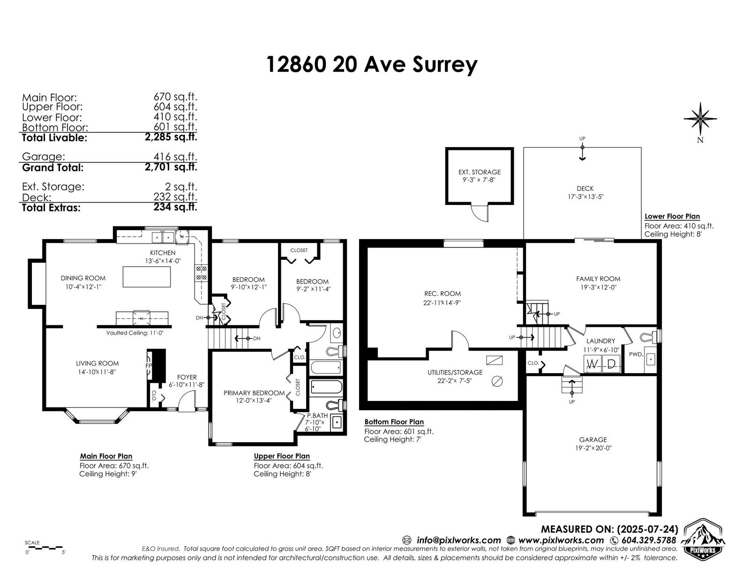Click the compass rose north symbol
tap(700, 119)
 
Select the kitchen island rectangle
tap(147, 277)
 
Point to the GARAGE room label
tap(593, 439)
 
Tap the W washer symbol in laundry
tap(592, 364)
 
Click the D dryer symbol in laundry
tap(611, 364)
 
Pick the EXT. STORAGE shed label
tap(480, 172)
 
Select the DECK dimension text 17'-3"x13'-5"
tap(585, 197)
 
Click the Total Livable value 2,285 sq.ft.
tap(171, 137)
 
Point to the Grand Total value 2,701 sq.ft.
tap(171, 167)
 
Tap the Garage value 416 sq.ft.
tap(175, 157)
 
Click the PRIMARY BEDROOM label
tap(254, 393)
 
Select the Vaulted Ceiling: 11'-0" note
tap(135, 333)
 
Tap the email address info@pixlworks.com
tap(459, 540)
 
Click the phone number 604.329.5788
tap(649, 540)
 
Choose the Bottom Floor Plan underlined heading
tap(394, 422)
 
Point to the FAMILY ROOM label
tap(598, 279)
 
